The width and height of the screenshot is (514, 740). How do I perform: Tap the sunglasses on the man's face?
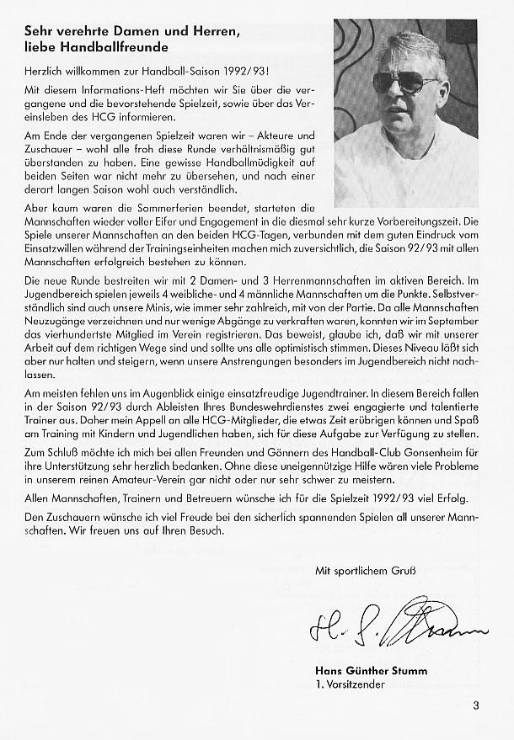point(404,83)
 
